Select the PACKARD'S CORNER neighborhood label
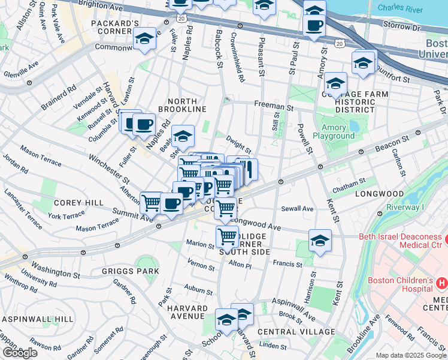[x=120, y=28]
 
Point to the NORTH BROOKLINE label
[x=182, y=104]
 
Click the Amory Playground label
[x=334, y=132]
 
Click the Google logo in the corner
[x=20, y=352]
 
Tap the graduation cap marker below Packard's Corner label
[x=144, y=39]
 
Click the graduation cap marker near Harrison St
[x=320, y=241]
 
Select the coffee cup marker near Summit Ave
[x=171, y=205]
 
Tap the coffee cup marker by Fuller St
[x=143, y=124]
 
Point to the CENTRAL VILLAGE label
[x=296, y=332]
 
